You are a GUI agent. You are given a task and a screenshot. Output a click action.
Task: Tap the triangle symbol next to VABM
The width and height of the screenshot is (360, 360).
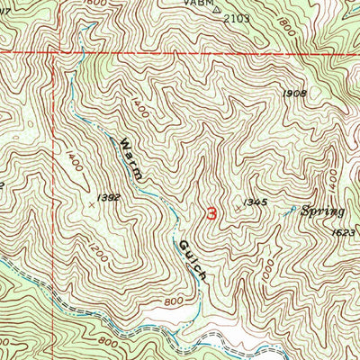point(216,7)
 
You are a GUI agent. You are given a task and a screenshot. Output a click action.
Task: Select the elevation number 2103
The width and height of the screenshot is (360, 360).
point(236,17)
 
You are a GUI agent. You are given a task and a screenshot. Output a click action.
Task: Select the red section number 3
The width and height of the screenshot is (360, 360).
point(211,214)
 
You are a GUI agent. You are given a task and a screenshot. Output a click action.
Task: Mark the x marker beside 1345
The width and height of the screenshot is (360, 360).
point(239,207)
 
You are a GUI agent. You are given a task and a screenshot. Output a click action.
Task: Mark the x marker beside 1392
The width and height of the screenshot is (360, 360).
point(91,205)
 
